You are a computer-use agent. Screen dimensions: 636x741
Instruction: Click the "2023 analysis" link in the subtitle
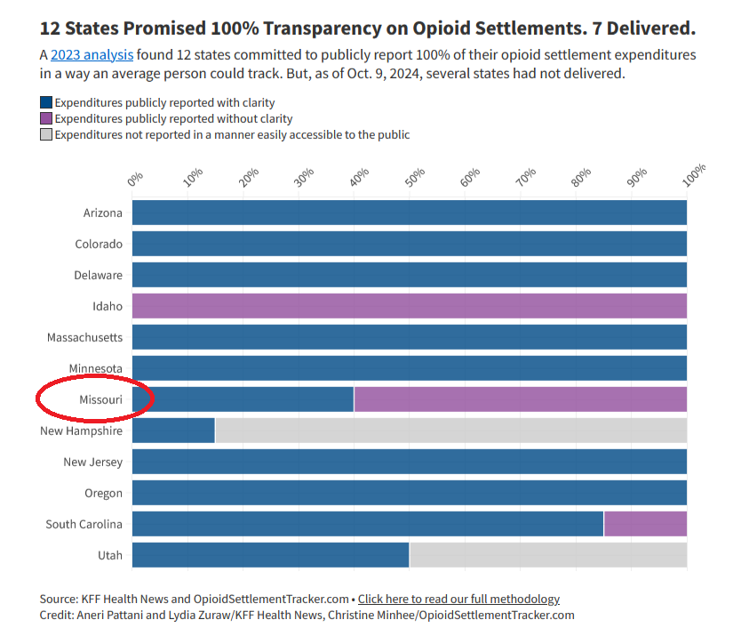(92, 55)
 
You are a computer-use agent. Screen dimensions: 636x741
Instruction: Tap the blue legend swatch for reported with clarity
(46, 102)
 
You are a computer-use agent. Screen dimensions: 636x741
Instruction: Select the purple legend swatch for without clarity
(46, 118)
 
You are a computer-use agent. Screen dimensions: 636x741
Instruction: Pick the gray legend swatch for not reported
(46, 134)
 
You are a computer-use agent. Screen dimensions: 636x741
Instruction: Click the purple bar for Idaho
(410, 306)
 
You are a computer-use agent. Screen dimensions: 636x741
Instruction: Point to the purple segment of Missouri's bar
(520, 399)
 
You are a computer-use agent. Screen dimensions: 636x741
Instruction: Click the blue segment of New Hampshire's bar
(173, 431)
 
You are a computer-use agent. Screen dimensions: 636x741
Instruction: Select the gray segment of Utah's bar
(547, 555)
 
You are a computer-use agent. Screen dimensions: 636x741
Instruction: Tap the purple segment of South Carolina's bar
(645, 524)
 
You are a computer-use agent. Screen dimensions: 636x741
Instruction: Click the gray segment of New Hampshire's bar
(450, 431)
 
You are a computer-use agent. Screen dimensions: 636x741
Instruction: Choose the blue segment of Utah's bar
(270, 555)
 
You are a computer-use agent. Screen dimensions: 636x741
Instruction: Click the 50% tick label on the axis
(414, 178)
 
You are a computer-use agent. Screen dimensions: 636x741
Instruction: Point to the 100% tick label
(694, 174)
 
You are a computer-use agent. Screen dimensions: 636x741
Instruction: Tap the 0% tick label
(135, 179)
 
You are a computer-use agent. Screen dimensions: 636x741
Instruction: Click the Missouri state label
(100, 399)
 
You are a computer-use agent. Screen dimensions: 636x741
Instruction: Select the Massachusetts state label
(85, 337)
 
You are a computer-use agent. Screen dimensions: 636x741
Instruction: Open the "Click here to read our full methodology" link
(458, 599)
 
